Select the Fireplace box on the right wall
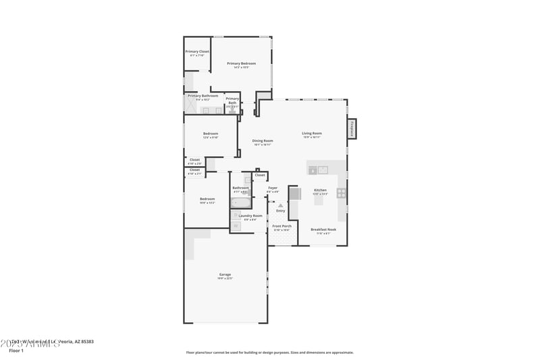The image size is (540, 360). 351,128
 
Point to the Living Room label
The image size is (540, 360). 312,134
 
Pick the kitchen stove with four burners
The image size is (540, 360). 342,193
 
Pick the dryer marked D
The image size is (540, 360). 236,226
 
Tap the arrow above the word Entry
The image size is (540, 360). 280,204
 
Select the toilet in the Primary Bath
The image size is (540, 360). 232,109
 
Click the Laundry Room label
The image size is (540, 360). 250,216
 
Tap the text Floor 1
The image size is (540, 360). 16,351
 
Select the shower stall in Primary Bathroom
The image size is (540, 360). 192,107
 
